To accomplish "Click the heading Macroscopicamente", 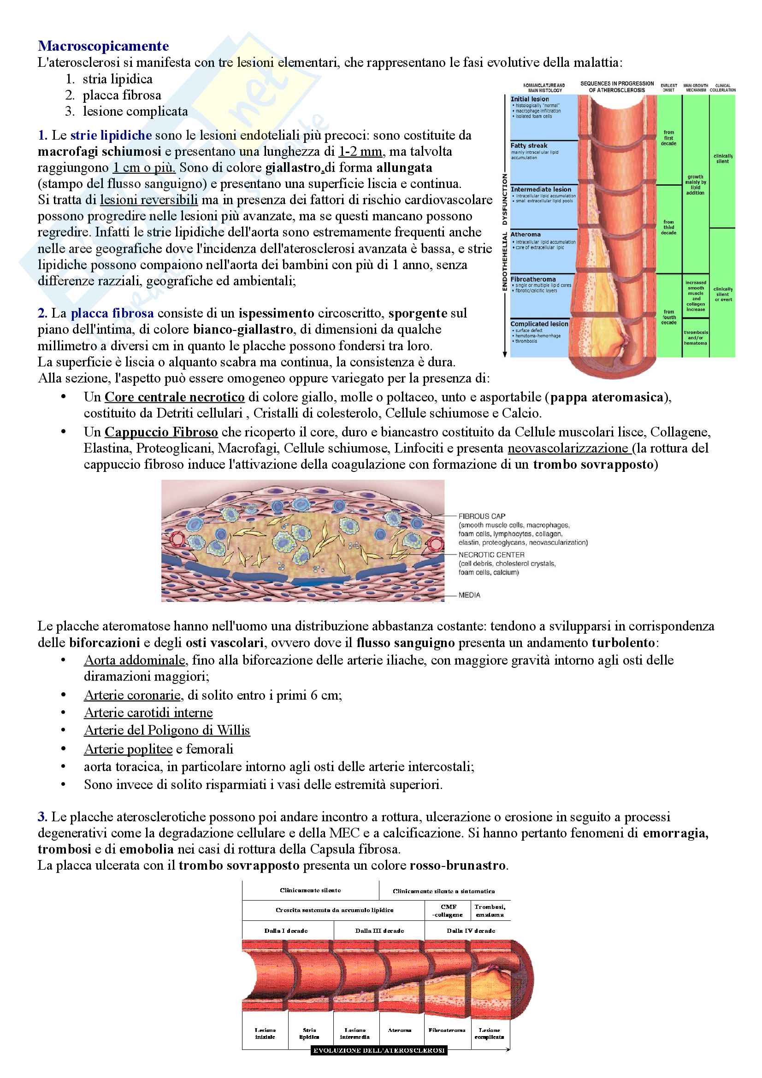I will (x=103, y=46).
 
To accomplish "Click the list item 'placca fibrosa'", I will (x=122, y=95).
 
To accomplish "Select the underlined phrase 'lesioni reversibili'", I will (x=149, y=200).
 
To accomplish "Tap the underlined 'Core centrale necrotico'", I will (x=174, y=397).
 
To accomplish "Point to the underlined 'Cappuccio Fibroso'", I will (x=161, y=432).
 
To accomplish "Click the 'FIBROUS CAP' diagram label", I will (x=482, y=516).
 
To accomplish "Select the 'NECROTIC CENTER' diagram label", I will (x=491, y=554).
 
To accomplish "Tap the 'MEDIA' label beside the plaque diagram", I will (x=469, y=595).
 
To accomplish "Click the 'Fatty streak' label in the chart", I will (x=529, y=146).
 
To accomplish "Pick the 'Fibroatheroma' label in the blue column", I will (x=533, y=279).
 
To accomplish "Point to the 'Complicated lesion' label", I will (x=539, y=324).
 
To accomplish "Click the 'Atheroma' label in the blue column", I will (x=526, y=234).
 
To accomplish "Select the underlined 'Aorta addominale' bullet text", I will (x=135, y=660).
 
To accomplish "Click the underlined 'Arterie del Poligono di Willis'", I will (x=167, y=730).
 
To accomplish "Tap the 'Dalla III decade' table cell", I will (x=379, y=931).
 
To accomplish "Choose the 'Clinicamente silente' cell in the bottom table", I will (x=310, y=890).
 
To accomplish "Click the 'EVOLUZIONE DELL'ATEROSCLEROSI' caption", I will (x=379, y=1051).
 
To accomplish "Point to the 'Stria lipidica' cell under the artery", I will (x=309, y=1033).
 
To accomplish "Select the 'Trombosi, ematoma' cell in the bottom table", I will (x=490, y=910).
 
